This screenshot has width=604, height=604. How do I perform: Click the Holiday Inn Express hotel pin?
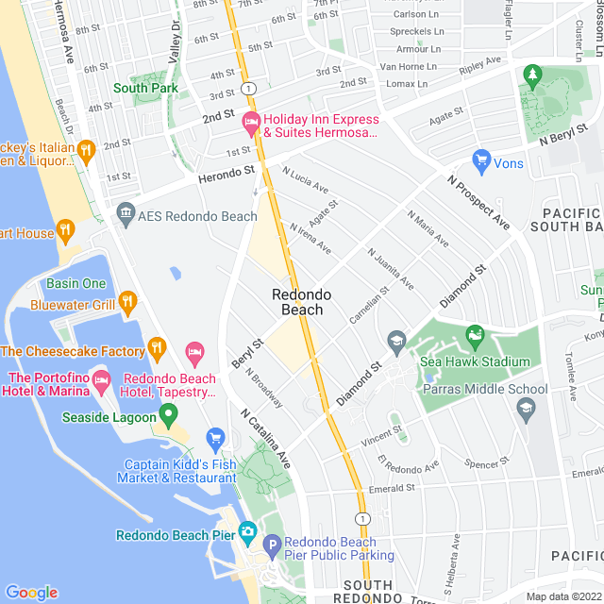point(251,120)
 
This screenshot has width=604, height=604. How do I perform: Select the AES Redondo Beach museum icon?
point(125,216)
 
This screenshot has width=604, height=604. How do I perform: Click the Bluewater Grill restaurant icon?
point(127,303)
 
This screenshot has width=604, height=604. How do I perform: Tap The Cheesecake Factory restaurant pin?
point(158,351)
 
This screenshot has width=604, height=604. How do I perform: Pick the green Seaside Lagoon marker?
point(169,413)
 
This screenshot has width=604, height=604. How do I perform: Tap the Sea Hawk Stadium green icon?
point(476,332)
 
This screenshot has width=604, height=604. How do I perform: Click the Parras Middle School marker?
point(526,407)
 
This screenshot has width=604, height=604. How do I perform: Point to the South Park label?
point(145,88)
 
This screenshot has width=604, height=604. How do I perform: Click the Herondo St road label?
point(226,175)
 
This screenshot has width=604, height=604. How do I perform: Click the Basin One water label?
point(75,283)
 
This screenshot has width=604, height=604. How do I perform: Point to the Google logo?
point(31,592)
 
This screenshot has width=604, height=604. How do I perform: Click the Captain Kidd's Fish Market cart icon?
point(216,437)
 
